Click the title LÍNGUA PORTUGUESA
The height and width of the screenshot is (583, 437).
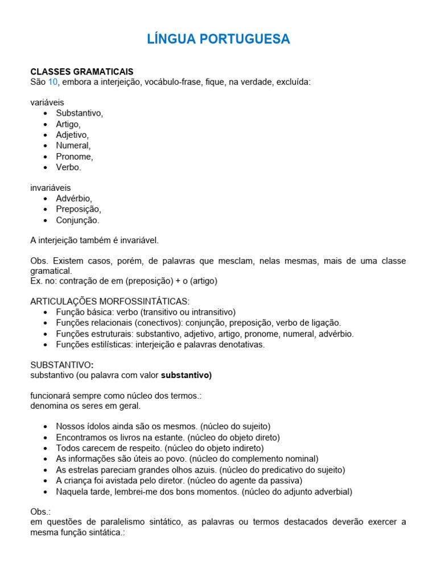pos(218,39)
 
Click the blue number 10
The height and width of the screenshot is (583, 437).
pos(53,82)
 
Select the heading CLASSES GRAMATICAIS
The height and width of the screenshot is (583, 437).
pos(82,72)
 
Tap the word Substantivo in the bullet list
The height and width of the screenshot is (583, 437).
pos(79,113)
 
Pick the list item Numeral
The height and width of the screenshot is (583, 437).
pos(73,146)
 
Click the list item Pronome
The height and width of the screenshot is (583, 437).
pos(74,157)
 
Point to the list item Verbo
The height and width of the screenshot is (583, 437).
pos(68,167)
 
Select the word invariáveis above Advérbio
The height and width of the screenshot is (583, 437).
pos(51,188)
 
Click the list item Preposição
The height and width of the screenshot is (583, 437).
pos(78,210)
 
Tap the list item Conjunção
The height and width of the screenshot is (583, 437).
pos(77,220)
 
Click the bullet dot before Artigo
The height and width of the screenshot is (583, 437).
pos(45,124)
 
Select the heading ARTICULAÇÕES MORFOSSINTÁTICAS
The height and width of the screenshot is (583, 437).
pos(110,301)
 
